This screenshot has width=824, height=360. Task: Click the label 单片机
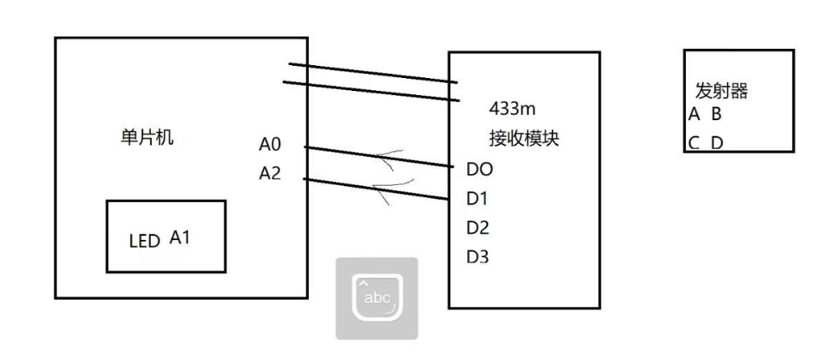(148, 138)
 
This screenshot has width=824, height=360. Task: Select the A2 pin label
(269, 174)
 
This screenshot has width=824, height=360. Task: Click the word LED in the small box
(144, 242)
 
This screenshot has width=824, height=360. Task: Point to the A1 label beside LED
(179, 238)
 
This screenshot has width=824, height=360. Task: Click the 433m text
(512, 109)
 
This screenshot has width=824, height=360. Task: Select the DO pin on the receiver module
(479, 169)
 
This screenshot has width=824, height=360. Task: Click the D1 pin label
(477, 198)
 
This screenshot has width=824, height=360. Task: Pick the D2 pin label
(478, 227)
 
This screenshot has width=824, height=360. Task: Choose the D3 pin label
(478, 256)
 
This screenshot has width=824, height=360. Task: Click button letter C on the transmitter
(693, 142)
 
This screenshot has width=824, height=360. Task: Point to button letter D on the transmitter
(716, 142)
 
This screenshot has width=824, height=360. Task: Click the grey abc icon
(376, 298)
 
